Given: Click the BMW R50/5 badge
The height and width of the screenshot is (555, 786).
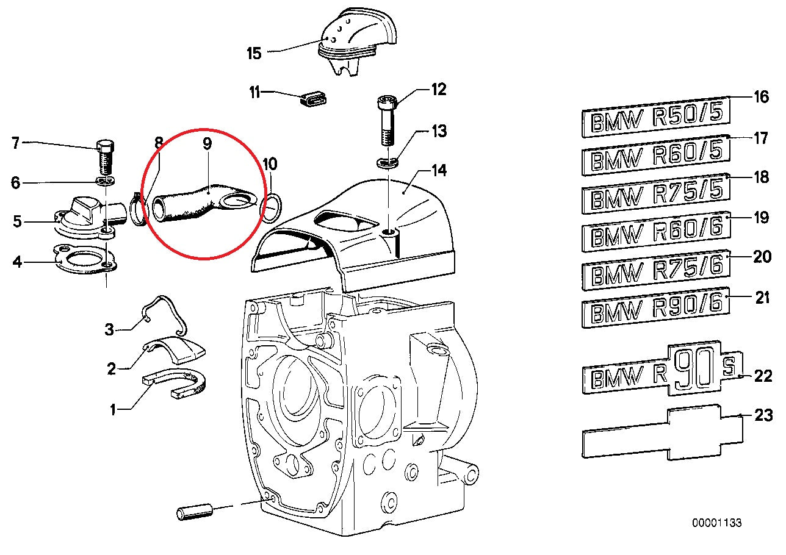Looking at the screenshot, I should point(655,117).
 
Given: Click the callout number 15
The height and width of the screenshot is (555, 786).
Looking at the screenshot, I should point(254,53).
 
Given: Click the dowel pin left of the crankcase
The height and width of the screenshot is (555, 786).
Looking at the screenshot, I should point(195,510).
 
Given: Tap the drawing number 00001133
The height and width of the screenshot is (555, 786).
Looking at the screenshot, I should point(716,523).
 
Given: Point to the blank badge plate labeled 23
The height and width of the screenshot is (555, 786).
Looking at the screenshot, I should point(662,434).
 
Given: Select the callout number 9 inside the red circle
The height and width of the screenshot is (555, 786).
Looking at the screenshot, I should point(207,145).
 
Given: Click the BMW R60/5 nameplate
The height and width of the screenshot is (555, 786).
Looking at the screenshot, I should point(655,157).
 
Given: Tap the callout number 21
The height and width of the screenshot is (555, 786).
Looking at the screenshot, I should point(762,298).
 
